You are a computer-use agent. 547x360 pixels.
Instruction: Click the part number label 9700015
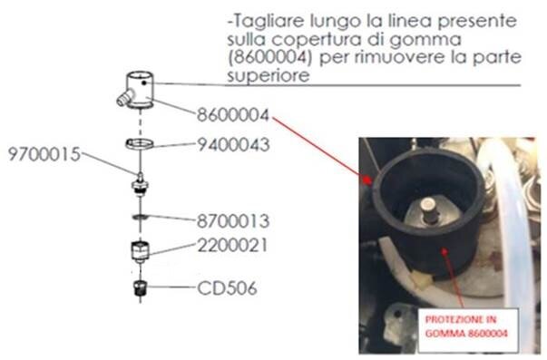coord(44,154)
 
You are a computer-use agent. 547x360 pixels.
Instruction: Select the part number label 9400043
coord(233,144)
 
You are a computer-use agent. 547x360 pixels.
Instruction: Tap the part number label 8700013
coord(233,221)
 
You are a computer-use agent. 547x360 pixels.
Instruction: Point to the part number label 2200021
coord(233,245)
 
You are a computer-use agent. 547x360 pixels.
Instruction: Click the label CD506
coord(227,288)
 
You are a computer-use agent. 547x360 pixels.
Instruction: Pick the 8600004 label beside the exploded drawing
coord(233,115)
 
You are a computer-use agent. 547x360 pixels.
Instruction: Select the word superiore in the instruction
coord(269,75)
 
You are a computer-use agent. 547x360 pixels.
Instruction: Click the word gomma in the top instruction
coord(425,40)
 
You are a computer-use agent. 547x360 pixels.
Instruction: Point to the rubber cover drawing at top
coord(136,90)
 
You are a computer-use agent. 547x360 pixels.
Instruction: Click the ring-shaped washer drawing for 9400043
coord(140,143)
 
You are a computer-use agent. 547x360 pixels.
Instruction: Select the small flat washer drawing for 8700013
coord(140,217)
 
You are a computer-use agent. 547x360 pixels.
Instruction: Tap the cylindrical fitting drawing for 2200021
coord(140,252)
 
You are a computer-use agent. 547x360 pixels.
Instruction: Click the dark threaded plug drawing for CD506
coord(140,288)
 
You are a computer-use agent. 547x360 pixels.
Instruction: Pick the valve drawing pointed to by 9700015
coord(140,184)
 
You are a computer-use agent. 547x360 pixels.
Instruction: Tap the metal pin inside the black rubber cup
coord(428,211)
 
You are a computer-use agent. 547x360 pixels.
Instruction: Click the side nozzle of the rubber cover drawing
coord(124,97)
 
